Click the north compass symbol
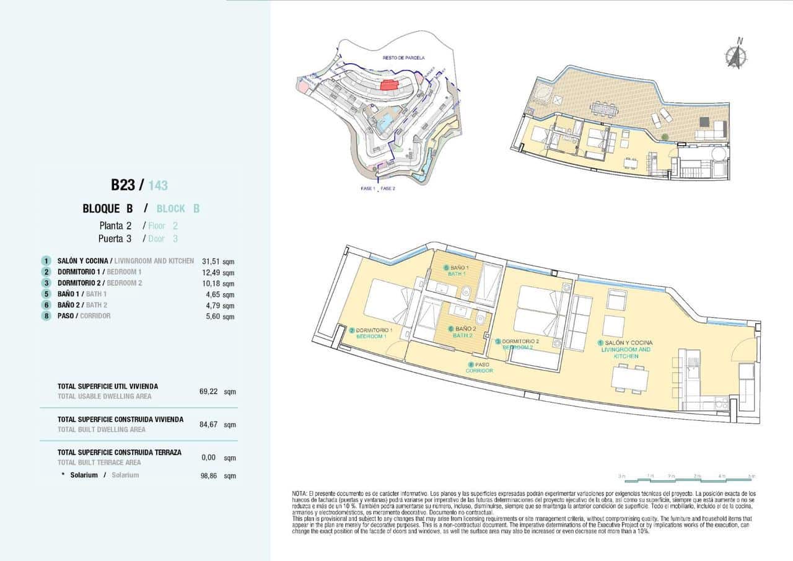point(736,54)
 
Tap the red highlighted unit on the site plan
point(389,86)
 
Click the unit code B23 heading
point(123,185)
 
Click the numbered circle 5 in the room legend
point(46,294)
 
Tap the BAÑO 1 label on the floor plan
point(456,268)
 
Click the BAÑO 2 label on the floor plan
point(463,329)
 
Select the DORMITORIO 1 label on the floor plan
point(371,330)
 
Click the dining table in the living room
point(629,378)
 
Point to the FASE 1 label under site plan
point(367,188)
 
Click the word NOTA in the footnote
point(300,493)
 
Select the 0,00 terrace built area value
point(209,457)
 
